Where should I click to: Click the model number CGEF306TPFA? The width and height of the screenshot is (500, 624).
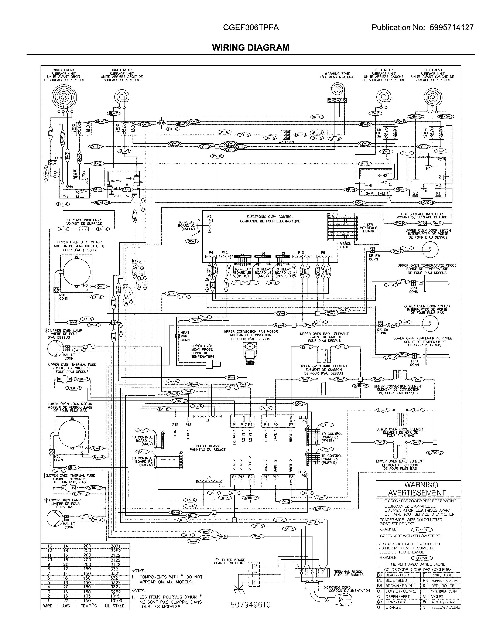tap(251, 27)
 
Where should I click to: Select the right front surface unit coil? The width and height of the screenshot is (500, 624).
tap(64, 98)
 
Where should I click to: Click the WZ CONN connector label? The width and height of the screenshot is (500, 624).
tap(286, 142)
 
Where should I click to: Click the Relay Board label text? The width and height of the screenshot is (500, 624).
tap(208, 448)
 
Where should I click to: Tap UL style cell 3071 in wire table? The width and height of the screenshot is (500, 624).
tap(115, 546)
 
